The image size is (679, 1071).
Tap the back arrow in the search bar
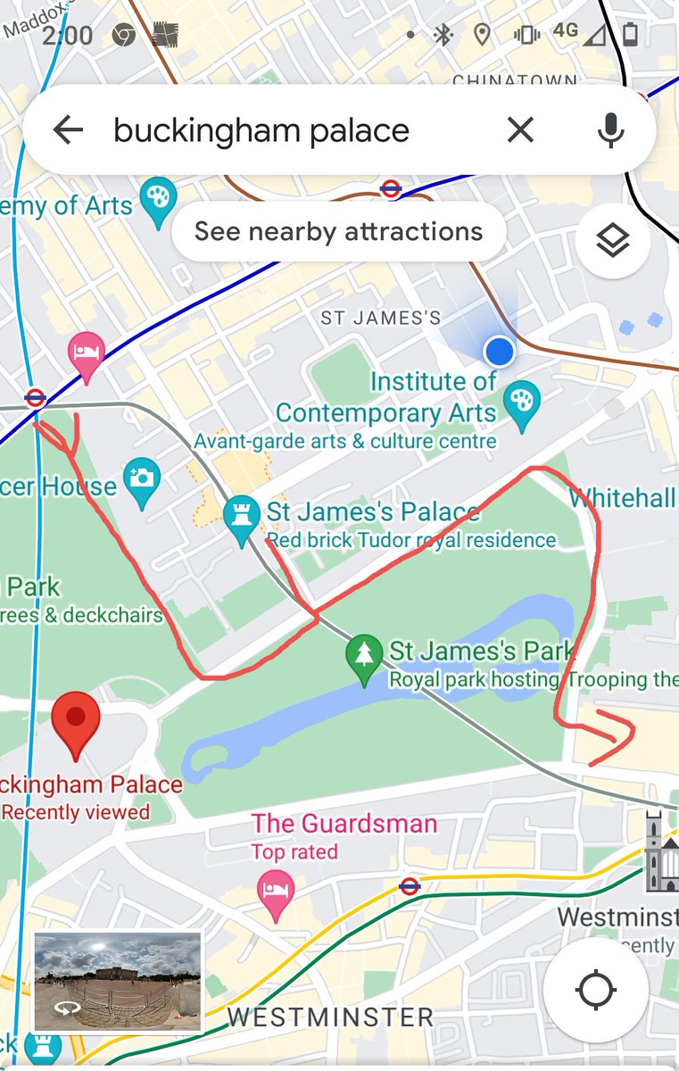[68, 130]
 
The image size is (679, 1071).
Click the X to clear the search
[520, 130]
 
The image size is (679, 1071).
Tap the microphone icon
[610, 130]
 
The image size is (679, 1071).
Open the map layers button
[612, 241]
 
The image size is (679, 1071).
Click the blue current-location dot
[499, 352]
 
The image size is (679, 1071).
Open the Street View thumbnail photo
[117, 982]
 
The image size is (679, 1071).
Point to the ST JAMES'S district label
[381, 318]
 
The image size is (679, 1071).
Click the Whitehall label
[623, 498]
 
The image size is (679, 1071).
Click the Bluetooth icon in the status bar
[443, 35]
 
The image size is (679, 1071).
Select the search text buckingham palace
[261, 130]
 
